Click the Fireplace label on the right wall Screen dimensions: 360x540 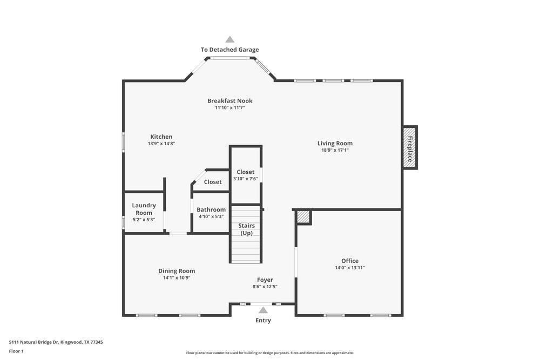click(410, 148)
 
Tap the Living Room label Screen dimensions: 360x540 click(335, 144)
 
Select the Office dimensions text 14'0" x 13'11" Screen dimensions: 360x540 click(349, 268)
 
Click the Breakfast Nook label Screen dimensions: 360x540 click(230, 101)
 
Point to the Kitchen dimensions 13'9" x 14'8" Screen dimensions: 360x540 click(161, 144)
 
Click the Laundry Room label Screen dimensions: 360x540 click(144, 209)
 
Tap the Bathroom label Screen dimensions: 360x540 click(211, 209)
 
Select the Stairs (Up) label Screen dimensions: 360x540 click(246, 229)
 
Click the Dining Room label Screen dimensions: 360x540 click(177, 271)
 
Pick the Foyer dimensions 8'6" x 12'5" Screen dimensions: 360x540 click(265, 287)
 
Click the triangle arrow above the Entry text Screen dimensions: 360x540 click(263, 310)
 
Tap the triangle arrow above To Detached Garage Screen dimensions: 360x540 click(230, 39)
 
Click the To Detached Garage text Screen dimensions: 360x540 click(230, 50)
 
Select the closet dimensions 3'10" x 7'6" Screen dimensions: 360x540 click(246, 179)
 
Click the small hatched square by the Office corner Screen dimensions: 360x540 click(303, 217)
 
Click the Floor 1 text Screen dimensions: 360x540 click(16, 351)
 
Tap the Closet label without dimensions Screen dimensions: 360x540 click(213, 182)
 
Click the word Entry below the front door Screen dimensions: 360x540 click(263, 321)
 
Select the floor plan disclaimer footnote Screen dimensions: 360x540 click(270, 353)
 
